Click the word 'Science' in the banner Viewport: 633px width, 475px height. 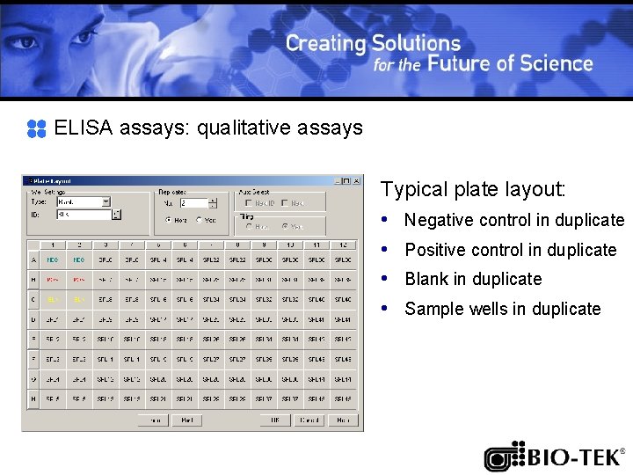point(557,63)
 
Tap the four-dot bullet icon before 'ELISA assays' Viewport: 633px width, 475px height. point(36,128)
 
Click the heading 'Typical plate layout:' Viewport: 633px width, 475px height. point(473,189)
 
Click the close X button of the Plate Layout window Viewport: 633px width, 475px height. point(356,181)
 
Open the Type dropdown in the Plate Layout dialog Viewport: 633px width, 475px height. point(105,201)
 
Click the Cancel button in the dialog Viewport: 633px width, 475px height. point(309,420)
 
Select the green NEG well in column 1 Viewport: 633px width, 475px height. point(53,260)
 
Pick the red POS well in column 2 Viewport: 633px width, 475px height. point(79,280)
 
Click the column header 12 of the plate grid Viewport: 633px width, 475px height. point(343,245)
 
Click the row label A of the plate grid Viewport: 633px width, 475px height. point(33,260)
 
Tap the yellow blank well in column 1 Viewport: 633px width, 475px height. point(53,300)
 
